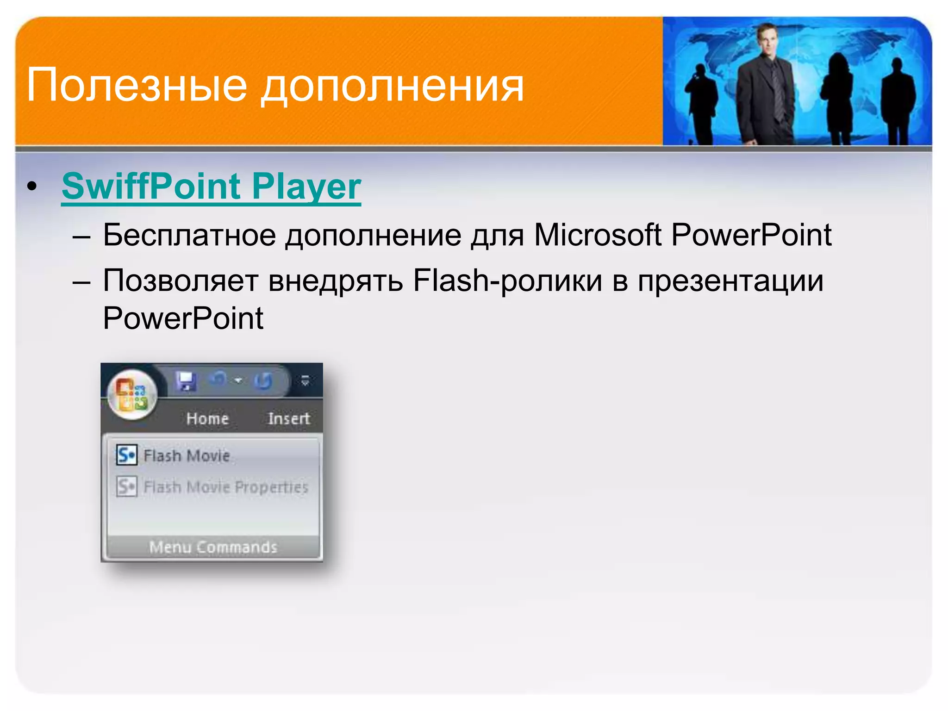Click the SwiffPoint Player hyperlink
click(211, 186)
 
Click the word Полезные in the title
click(137, 85)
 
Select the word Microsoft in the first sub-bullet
click(597, 235)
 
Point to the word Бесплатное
click(189, 235)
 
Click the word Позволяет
click(180, 281)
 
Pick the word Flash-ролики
click(507, 281)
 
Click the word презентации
click(730, 281)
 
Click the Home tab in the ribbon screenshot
click(207, 418)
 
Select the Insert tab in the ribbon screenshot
click(289, 418)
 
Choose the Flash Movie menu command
click(187, 455)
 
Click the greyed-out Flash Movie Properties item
click(226, 487)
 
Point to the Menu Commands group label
click(213, 547)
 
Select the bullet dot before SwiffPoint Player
click(31, 186)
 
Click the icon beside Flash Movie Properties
click(126, 486)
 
